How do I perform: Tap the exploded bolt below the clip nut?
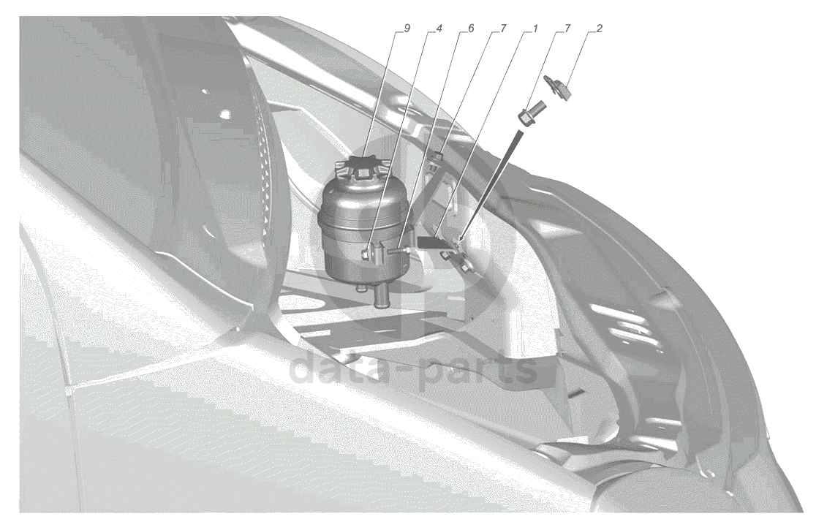point(529,113)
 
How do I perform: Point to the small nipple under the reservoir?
point(361,288)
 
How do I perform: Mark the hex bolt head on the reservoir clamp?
point(366,255)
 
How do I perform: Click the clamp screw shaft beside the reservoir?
point(398,252)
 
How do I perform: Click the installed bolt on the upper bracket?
point(438,156)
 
